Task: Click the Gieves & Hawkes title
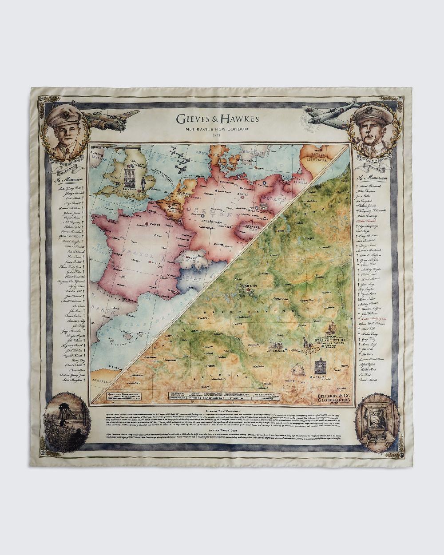217,119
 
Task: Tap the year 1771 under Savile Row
217,135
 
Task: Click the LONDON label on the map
131,188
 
